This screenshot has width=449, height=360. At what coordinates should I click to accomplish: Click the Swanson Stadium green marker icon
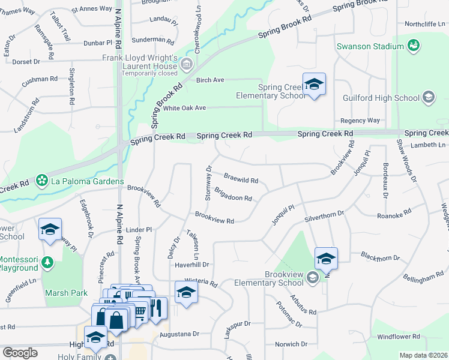[413, 46]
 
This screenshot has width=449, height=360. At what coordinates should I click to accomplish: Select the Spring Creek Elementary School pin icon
[313, 84]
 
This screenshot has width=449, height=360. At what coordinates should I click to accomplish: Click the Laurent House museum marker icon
[187, 64]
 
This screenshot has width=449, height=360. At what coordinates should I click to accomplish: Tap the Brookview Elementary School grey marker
[312, 277]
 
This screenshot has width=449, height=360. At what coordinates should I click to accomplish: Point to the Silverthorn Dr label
[324, 214]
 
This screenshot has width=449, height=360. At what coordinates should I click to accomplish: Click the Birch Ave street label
[209, 80]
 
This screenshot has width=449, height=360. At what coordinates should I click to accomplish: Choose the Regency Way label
[360, 121]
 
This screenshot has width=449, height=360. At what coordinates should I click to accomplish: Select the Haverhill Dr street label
[191, 264]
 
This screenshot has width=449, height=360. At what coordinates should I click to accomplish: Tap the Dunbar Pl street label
[98, 43]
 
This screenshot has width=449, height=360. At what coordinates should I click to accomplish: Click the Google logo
[20, 353]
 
